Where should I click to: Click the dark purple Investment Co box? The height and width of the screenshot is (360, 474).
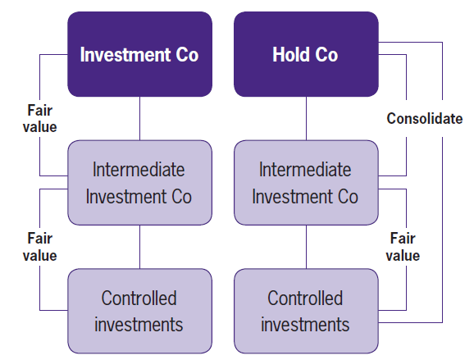[139, 55]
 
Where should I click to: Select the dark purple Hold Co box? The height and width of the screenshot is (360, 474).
[305, 55]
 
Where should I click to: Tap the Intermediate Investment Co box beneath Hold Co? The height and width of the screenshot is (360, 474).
[305, 183]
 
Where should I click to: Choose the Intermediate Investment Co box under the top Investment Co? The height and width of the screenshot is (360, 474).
[139, 183]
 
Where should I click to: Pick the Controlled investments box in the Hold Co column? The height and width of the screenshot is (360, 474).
[305, 310]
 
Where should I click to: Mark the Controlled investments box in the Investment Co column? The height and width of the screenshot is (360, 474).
[139, 310]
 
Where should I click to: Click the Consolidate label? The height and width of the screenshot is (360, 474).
[424, 119]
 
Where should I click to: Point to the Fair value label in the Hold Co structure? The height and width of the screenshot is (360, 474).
[403, 247]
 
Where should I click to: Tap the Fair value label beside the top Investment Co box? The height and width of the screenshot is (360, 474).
[40, 119]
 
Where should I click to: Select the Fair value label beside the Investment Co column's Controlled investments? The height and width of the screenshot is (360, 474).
[40, 247]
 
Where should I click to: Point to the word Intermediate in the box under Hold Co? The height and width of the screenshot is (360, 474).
[305, 170]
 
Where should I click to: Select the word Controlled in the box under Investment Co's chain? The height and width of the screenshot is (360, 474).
[139, 298]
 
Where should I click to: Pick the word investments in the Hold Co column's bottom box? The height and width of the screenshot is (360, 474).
[305, 324]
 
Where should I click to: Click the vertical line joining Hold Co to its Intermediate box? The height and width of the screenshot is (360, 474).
[306, 118]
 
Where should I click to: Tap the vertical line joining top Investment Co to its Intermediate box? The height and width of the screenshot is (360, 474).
[139, 118]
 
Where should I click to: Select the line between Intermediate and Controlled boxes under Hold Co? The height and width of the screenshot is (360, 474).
[306, 246]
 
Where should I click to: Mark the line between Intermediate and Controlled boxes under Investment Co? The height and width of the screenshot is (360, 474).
[139, 246]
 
